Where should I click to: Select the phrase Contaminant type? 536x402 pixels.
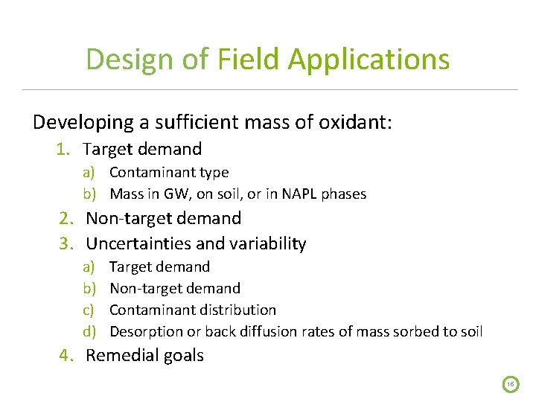pos(169,173)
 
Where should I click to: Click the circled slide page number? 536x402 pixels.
pos(511,384)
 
